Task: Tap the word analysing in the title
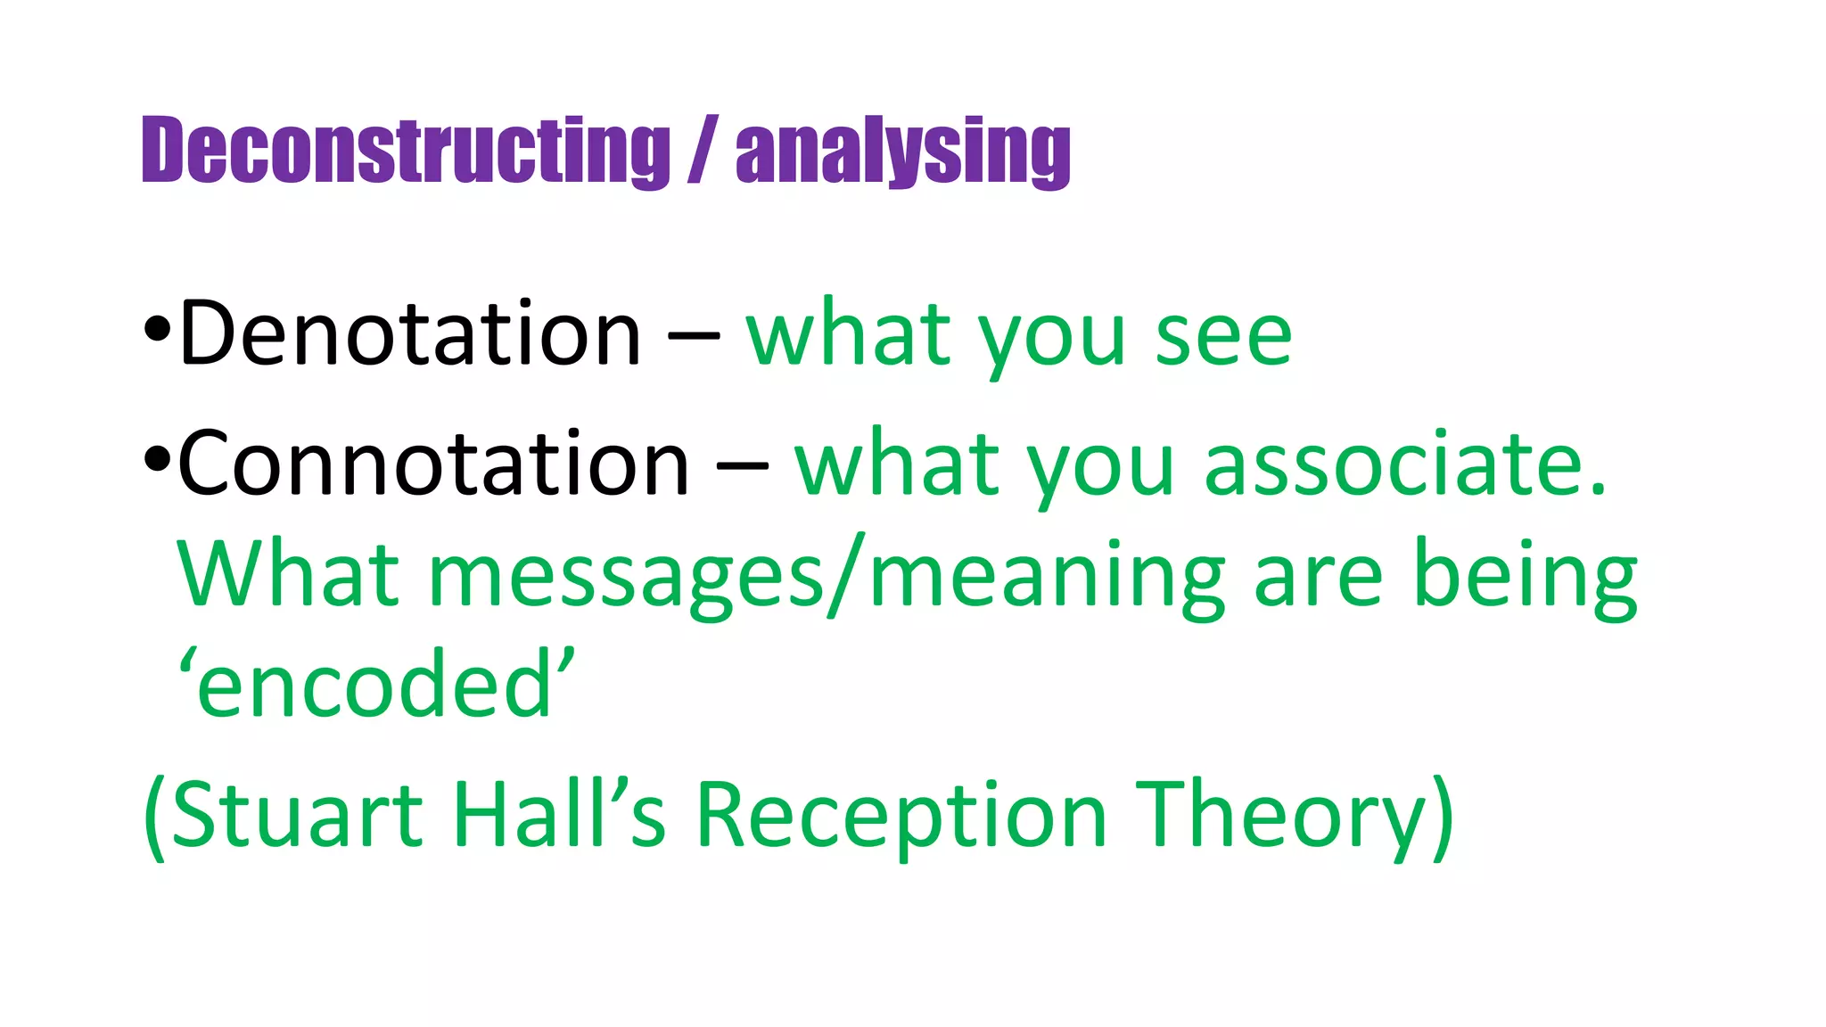click(902, 152)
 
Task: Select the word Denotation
click(410, 334)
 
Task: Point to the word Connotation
click(433, 464)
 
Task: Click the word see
click(1223, 337)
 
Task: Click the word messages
click(626, 578)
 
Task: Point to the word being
click(1526, 578)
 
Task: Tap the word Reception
click(901, 816)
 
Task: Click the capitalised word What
click(287, 575)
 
